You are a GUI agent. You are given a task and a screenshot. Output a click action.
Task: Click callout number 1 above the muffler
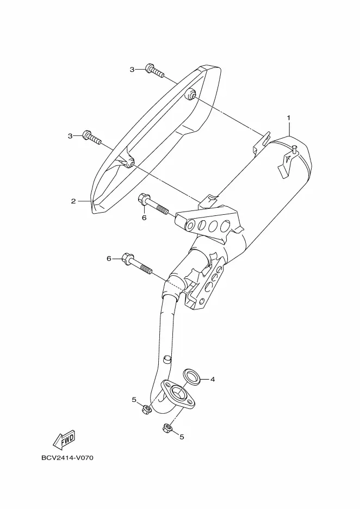click(289, 117)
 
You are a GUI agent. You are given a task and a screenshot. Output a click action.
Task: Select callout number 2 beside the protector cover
click(73, 201)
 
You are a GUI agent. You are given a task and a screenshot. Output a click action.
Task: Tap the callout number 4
click(213, 379)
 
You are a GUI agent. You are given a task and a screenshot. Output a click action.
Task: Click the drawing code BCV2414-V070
click(67, 458)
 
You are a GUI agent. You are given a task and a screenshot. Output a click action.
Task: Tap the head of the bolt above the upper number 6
click(144, 200)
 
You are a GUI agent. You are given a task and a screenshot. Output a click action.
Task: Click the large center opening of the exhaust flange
click(178, 392)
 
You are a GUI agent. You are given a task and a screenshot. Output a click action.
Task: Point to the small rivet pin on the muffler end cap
click(294, 148)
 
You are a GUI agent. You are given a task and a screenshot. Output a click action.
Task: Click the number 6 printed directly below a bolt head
click(144, 218)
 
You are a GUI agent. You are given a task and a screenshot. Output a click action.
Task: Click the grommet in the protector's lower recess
click(130, 163)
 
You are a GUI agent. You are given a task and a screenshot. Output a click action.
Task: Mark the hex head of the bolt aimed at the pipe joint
click(128, 259)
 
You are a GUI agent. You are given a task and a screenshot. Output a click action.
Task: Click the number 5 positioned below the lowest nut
click(182, 436)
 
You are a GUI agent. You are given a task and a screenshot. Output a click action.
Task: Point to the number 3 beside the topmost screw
click(132, 69)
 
